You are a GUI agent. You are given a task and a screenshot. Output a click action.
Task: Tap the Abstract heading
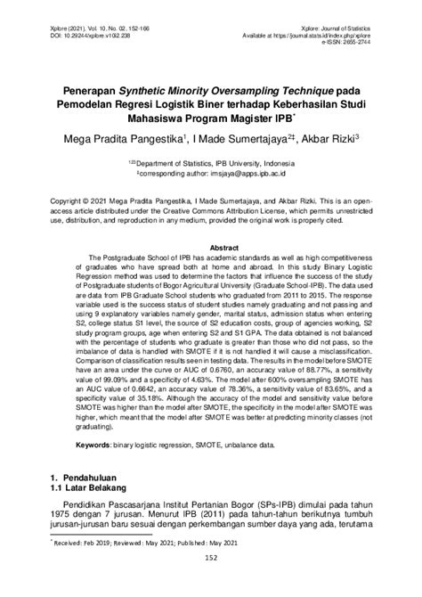(211, 246)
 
